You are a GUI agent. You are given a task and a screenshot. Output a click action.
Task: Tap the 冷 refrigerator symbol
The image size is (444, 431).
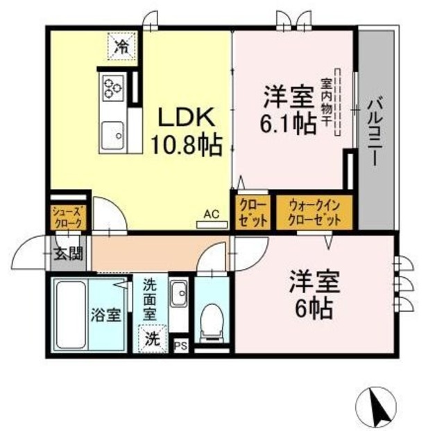click(x=121, y=47)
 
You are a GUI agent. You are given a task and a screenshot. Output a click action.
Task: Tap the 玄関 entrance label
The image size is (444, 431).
click(x=70, y=254)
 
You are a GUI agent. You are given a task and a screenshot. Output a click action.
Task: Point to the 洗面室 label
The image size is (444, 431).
click(x=151, y=298)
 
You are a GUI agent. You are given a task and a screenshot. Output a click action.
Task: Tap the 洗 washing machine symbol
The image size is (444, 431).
click(x=153, y=340)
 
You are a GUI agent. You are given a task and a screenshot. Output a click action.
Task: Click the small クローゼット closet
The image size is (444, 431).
click(x=250, y=212)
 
